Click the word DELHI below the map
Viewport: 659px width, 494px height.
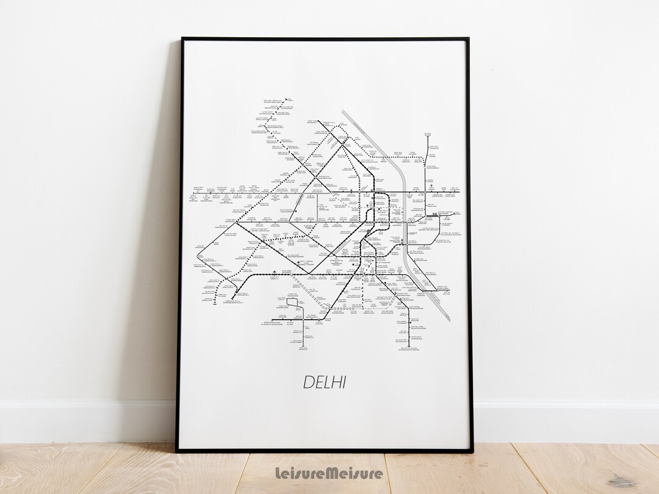coord(324,382)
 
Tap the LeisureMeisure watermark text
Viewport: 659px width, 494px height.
coord(329,473)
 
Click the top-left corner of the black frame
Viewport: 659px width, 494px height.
coord(182,39)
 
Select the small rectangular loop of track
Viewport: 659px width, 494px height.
coord(291,305)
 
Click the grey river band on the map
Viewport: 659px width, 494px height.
coord(404,201)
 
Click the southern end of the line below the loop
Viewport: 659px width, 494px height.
coord(302,348)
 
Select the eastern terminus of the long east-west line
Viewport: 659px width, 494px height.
coord(459,193)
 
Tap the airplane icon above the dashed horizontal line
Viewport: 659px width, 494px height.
coord(276,271)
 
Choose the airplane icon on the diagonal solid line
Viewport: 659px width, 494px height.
coord(299,263)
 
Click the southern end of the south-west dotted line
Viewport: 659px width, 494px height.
coord(215,303)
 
